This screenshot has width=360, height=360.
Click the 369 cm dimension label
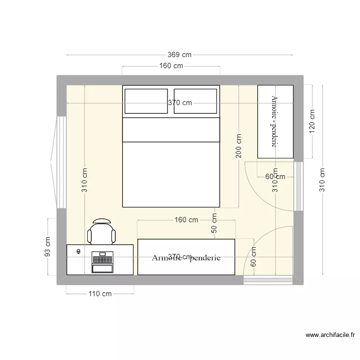pyautogui.click(x=180, y=55)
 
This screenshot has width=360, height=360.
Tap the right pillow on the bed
pyautogui.click(x=196, y=101)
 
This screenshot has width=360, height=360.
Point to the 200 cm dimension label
pyautogui.click(x=239, y=146)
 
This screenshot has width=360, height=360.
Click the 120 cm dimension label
pyautogui.click(x=312, y=122)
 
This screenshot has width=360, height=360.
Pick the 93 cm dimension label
pyautogui.click(x=48, y=247)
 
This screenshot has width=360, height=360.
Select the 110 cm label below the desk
pyautogui.click(x=100, y=294)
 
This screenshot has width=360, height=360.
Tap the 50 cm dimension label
pyautogui.click(x=214, y=224)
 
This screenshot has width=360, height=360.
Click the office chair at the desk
pyautogui.click(x=102, y=232)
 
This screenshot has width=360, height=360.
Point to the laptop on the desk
pyautogui.click(x=102, y=262)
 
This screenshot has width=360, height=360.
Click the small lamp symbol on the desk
pyautogui.click(x=78, y=251)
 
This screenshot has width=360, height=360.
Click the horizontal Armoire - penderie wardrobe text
pyautogui.click(x=186, y=258)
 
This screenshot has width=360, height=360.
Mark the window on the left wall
pyautogui.click(x=60, y=162)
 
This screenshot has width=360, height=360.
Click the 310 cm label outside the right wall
pyautogui.click(x=323, y=180)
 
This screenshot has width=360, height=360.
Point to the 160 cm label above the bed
pyautogui.click(x=171, y=66)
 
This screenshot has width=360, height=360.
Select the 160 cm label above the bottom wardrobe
pyautogui.click(x=186, y=220)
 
